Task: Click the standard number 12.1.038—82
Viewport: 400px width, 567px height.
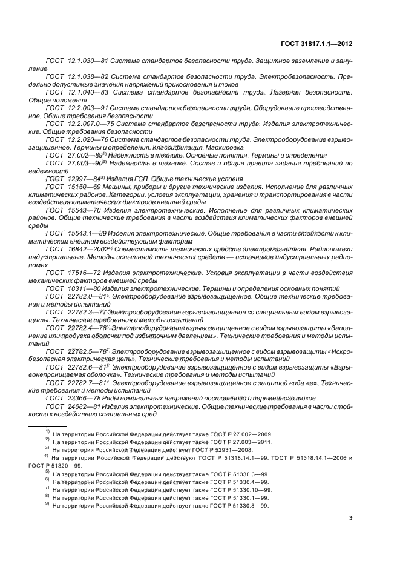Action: (84, 77)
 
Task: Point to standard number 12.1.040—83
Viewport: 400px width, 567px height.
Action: (85, 92)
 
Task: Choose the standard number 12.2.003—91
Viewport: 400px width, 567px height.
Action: (84, 107)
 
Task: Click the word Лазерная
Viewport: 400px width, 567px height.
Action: (283, 92)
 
